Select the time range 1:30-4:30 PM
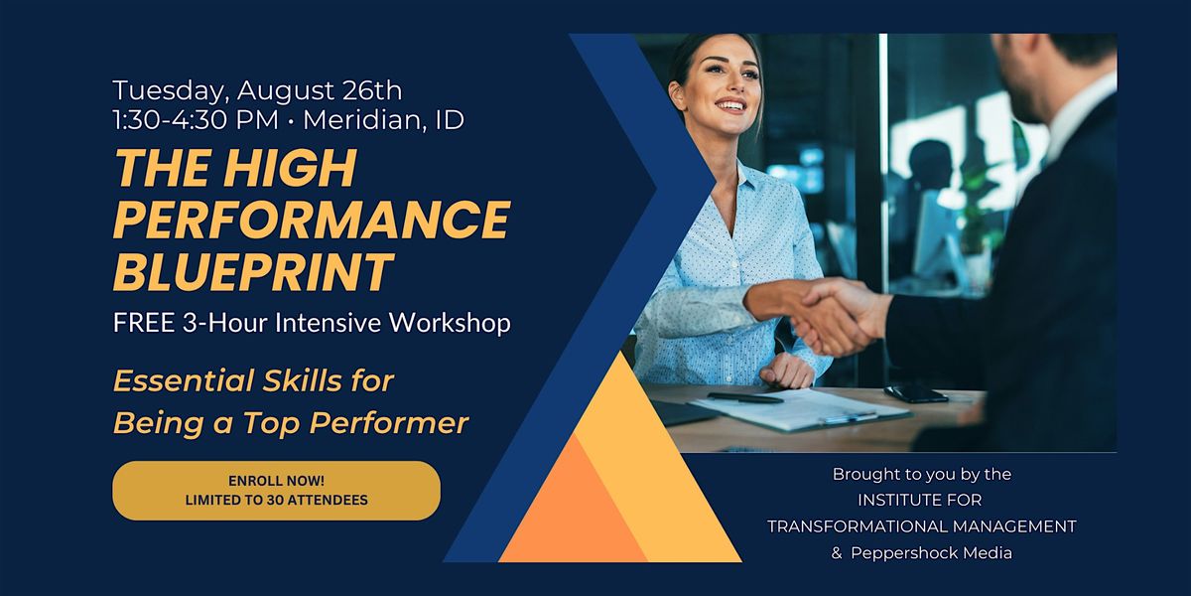tap(196, 120)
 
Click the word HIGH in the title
tap(290, 168)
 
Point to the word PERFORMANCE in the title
tap(312, 220)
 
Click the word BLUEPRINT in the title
tap(253, 271)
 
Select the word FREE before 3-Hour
tap(144, 323)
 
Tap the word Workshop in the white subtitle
tap(450, 323)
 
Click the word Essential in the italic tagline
tap(184, 381)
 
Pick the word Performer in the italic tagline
tap(389, 423)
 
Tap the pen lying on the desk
tap(745, 398)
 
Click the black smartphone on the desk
tap(916, 393)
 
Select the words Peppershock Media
tap(931, 553)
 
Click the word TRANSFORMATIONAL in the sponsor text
tap(857, 526)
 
